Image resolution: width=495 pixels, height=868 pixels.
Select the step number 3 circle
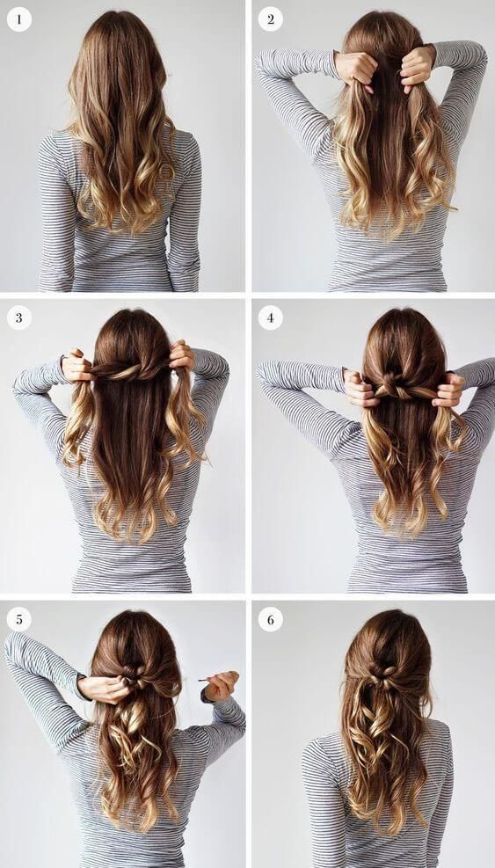point(19,317)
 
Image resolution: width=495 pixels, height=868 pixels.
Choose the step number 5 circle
point(19,619)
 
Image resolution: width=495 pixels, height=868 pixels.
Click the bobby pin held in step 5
point(208,679)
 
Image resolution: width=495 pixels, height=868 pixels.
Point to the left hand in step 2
point(355,69)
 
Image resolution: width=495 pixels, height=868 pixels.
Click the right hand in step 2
point(417,67)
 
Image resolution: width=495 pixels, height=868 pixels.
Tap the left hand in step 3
point(77,367)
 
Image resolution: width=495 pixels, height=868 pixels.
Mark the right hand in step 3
point(182,356)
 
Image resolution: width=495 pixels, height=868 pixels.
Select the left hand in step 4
point(360,389)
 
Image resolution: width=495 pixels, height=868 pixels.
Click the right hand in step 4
point(448,390)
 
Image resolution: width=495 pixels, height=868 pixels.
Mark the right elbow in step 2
point(475,55)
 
